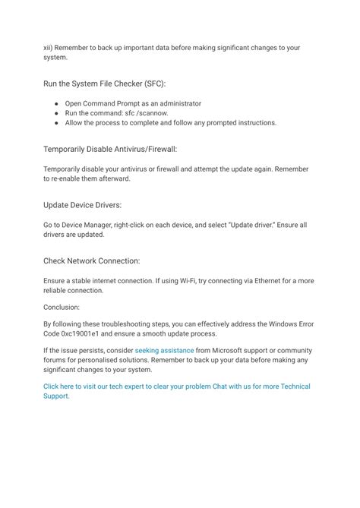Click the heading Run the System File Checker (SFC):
(105, 83)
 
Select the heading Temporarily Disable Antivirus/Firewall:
(110, 149)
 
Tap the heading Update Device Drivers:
(82, 205)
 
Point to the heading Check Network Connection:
(91, 260)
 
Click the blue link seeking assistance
(164, 351)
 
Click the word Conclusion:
(62, 308)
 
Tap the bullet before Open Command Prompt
(57, 103)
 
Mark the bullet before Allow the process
(57, 122)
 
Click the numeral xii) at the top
(49, 47)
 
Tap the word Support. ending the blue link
(56, 396)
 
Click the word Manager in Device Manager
(100, 224)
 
